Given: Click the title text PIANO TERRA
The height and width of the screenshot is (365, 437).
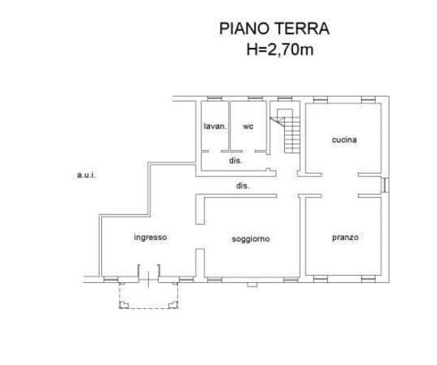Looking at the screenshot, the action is (x=275, y=29).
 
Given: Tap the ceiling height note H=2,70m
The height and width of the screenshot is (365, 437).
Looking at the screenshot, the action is (x=280, y=50).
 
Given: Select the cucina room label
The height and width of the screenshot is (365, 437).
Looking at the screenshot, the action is (x=344, y=140).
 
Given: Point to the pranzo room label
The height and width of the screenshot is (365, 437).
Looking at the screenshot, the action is (x=345, y=237).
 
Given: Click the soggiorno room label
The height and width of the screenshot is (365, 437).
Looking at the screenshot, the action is (x=251, y=239).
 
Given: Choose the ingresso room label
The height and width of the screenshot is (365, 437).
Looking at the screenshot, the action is (x=151, y=237).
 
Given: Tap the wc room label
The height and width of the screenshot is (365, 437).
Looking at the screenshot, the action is (x=248, y=126).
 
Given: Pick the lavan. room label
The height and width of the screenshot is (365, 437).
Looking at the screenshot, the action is (x=215, y=126).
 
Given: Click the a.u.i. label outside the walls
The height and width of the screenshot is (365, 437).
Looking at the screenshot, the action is (x=86, y=175).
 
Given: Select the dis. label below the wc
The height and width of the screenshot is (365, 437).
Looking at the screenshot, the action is (x=235, y=161).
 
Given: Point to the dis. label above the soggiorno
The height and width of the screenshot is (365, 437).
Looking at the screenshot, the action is (x=242, y=186).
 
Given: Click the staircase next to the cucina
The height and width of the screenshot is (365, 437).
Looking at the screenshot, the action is (x=286, y=131).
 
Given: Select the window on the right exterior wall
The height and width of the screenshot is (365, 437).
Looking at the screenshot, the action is (x=385, y=185).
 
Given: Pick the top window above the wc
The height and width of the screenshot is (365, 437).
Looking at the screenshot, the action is (x=255, y=98).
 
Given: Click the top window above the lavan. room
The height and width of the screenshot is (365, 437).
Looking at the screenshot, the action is (x=215, y=98).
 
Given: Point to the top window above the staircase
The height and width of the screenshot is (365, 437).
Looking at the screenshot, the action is (x=285, y=98).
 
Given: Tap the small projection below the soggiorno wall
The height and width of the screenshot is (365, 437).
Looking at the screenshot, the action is (x=252, y=284).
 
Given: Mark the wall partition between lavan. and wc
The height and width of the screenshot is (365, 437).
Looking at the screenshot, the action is (x=230, y=126).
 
